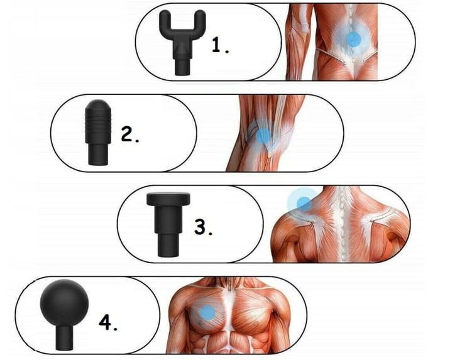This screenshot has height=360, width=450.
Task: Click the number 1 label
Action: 221,45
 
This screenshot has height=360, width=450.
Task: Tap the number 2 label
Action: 130,134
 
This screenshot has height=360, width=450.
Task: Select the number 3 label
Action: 203,227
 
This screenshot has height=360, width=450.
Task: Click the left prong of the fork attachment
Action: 165,20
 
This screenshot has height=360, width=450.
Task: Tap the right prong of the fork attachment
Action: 200,20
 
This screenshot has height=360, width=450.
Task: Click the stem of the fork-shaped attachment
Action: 182,65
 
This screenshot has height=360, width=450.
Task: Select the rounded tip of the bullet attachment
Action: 98,106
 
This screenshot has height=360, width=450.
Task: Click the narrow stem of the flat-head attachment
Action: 168,244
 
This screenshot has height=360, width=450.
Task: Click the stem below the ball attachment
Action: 64,338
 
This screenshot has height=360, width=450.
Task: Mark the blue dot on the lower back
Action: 353,40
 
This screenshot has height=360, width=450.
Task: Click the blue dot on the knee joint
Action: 263,136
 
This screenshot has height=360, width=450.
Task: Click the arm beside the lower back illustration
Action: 299,43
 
